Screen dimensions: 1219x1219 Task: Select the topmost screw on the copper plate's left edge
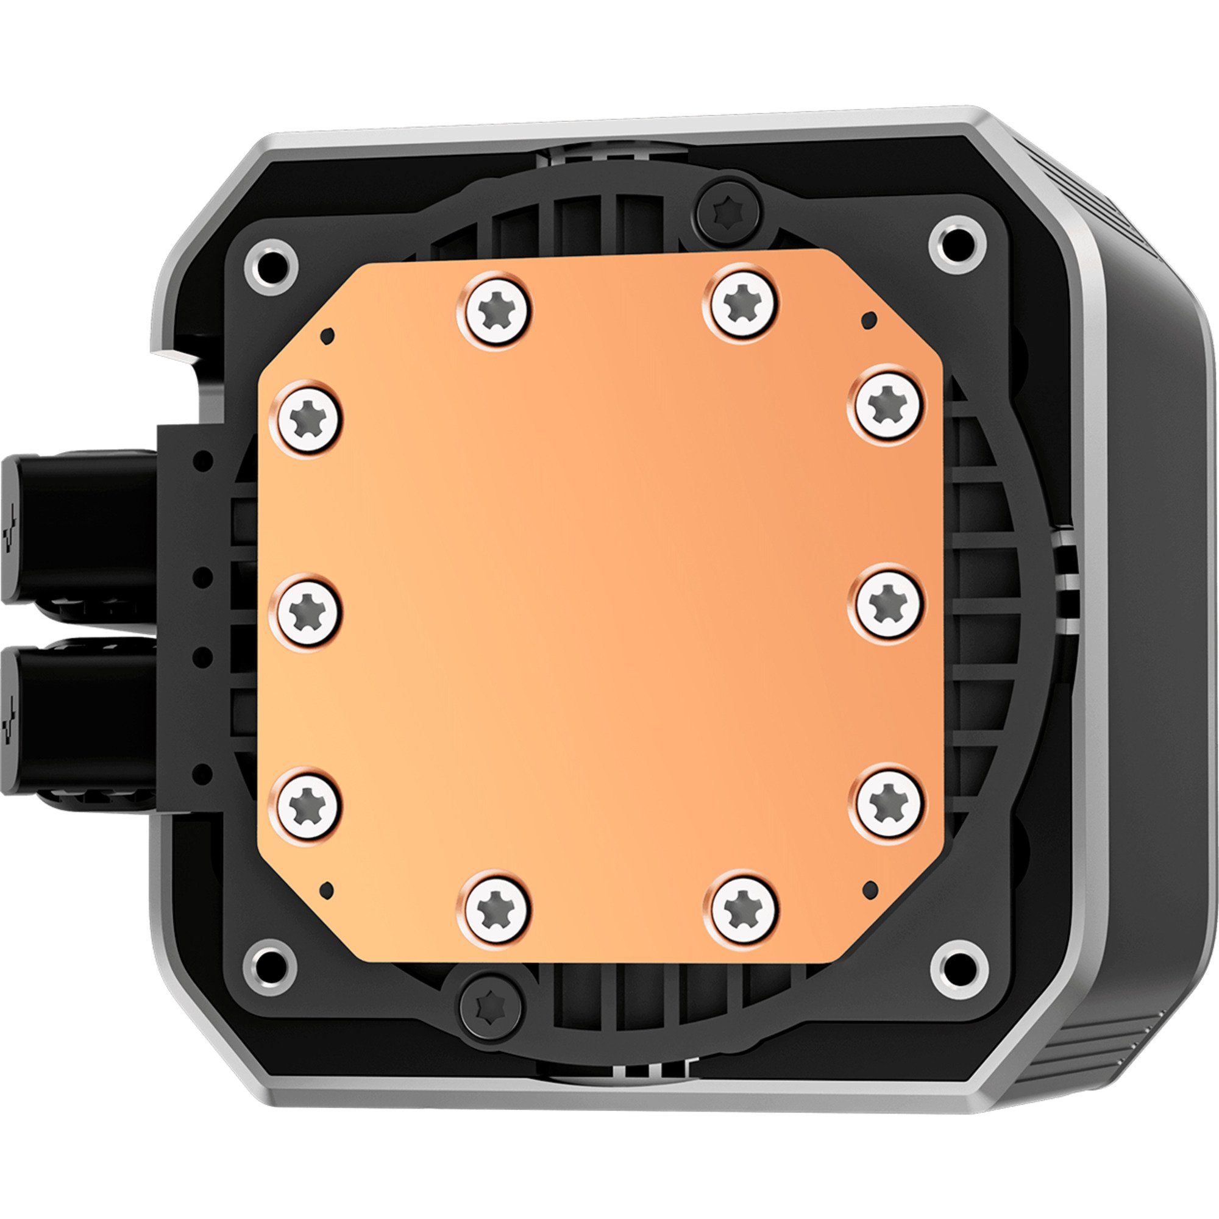306,417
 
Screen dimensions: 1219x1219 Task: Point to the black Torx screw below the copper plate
491,1003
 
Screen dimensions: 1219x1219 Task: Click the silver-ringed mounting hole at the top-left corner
271,265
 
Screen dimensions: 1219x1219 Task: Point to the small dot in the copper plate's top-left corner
328,336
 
